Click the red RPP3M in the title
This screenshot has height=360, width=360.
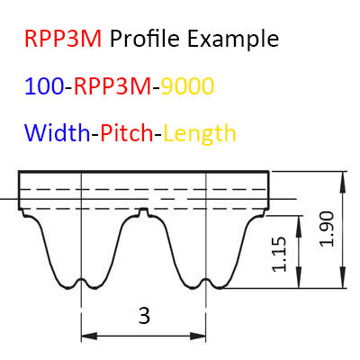coord(63,39)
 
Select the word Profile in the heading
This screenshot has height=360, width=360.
coord(145,39)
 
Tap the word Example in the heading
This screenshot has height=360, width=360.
coord(233,39)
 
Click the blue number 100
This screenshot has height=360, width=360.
coord(44,86)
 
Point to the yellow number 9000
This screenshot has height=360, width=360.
coord(187,86)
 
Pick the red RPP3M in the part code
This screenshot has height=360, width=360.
coord(112,86)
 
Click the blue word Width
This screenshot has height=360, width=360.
coord(58,133)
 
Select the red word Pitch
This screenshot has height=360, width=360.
coord(127,133)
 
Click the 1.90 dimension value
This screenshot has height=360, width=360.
coord(327,229)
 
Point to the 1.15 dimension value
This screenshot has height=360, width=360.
coord(279,255)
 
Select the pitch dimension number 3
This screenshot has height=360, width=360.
coord(144,316)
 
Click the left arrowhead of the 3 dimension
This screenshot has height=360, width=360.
coord(89,336)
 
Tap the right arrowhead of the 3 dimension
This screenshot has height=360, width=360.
coord(198,336)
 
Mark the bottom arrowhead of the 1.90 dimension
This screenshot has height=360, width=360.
coord(342,278)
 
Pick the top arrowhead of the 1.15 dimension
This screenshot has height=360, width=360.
coord(299,226)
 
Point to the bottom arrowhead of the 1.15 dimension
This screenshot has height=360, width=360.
coord(299,278)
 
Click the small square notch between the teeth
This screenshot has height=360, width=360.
coord(144,211)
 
